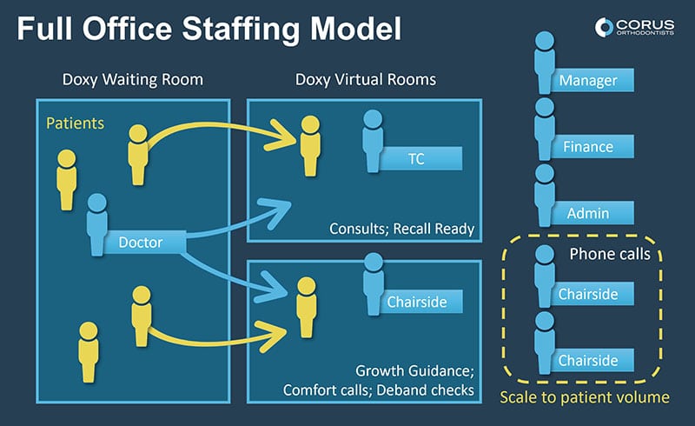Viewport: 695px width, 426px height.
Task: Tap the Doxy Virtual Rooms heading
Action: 365,80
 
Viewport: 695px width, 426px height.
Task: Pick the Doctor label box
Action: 143,243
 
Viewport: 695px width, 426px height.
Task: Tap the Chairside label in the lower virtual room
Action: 418,302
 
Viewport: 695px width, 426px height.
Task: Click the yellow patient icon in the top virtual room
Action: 308,143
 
